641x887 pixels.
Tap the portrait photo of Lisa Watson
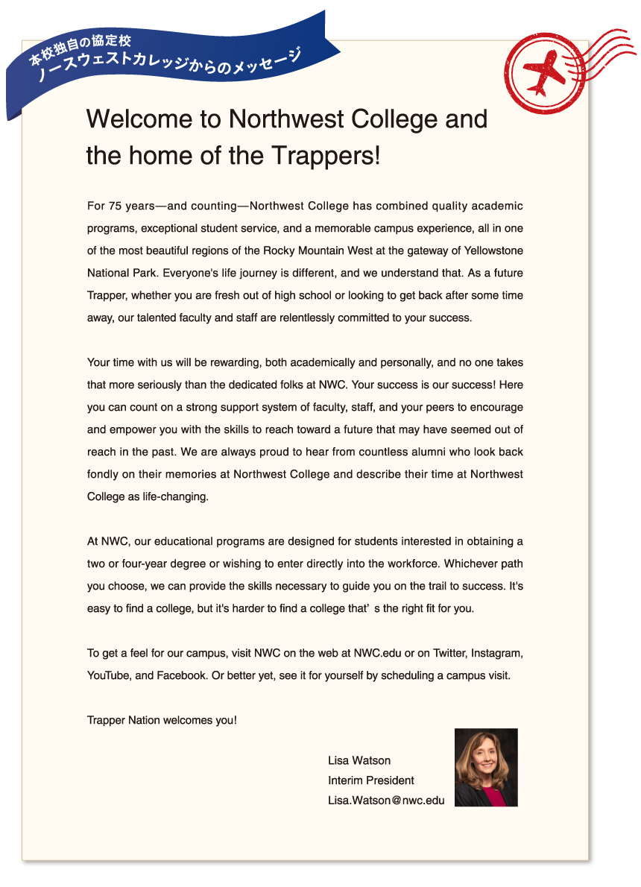(486, 767)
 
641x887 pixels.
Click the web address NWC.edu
(378, 654)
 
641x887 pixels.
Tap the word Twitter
(449, 654)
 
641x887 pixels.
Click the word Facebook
(180, 676)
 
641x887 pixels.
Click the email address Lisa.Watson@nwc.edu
(386, 801)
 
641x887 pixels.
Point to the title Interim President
(371, 780)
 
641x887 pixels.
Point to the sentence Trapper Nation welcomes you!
(162, 721)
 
